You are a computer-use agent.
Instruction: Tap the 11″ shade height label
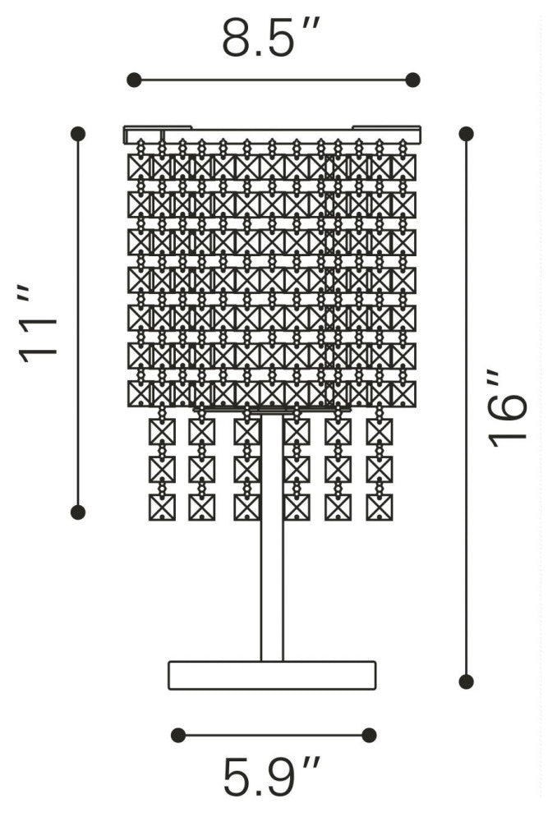coord(39,320)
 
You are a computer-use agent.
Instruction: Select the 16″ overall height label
coord(507,408)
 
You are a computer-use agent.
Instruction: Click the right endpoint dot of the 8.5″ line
coord(412,80)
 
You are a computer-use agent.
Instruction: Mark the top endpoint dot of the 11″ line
coord(78,133)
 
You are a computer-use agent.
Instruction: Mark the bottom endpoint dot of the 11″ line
coord(78,512)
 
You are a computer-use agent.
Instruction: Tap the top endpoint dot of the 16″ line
coord(466,133)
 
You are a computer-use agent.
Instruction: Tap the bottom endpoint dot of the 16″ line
coord(466,681)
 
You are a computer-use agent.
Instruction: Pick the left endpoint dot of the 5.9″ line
coord(178,735)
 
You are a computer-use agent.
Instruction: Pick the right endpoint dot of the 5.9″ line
coord(369,735)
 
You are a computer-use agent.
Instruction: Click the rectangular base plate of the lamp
coord(272,674)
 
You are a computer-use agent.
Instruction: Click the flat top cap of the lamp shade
coord(272,133)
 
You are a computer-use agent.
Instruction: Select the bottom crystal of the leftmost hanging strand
coord(162,507)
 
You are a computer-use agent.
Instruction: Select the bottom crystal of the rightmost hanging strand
coord(379,507)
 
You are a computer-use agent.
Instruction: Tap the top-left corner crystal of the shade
coord(141,167)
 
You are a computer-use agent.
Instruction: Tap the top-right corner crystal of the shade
coord(403,167)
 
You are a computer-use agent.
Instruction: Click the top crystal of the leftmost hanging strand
coord(162,431)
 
